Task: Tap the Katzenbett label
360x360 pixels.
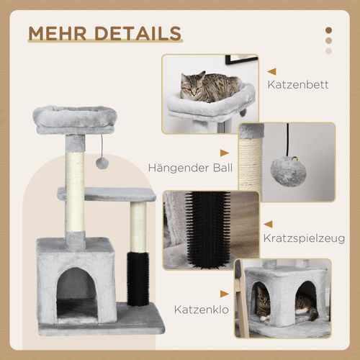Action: [297, 85]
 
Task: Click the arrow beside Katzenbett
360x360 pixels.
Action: [271, 71]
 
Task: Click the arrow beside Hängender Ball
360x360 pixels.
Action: [225, 153]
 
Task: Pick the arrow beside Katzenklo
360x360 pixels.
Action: [225, 294]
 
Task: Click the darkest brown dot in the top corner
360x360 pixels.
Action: [329, 30]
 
